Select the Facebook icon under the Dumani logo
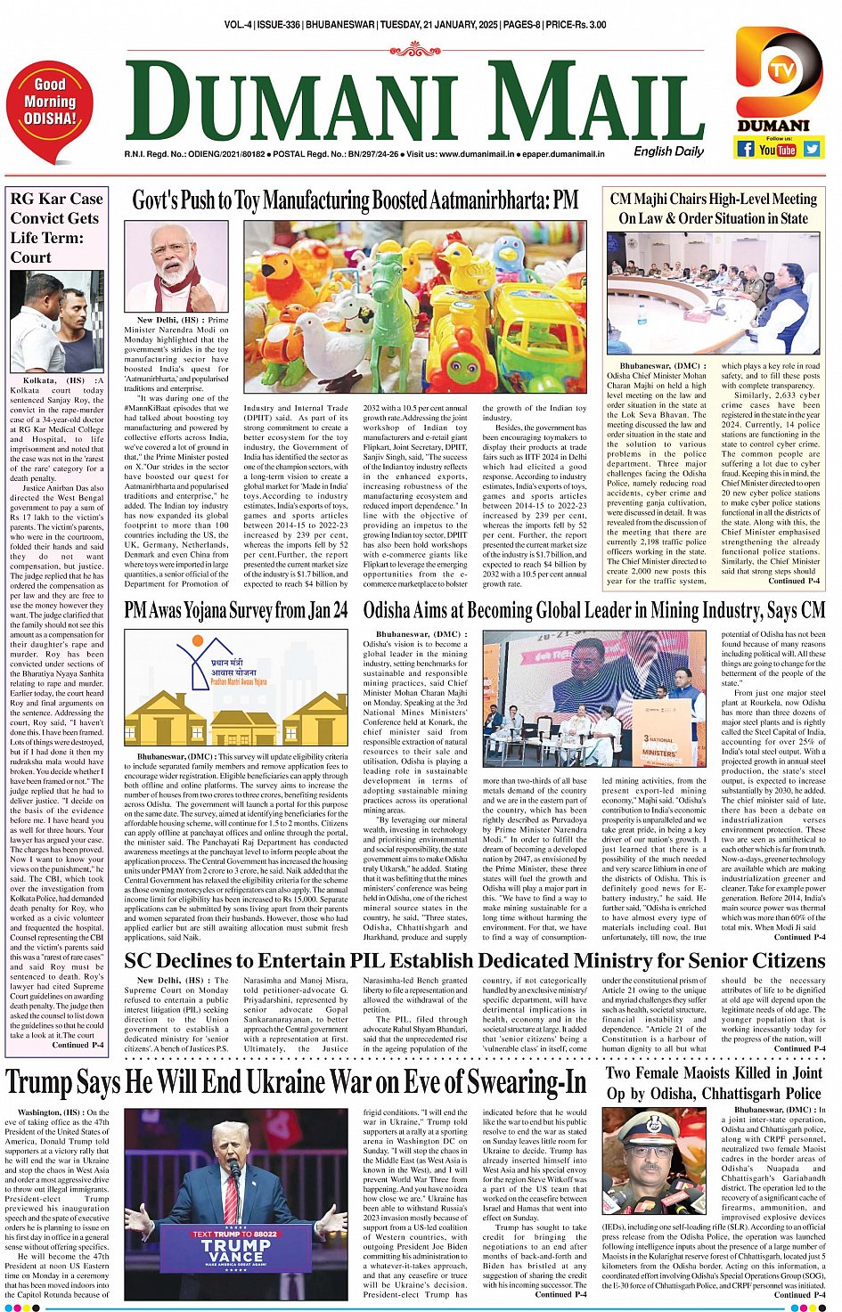tap(745, 149)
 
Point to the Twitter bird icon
tap(812, 149)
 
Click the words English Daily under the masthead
tap(669, 151)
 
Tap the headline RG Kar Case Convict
tap(56, 227)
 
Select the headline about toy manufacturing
tap(355, 200)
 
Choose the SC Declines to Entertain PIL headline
tap(474, 961)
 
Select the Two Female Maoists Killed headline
tap(714, 1083)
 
